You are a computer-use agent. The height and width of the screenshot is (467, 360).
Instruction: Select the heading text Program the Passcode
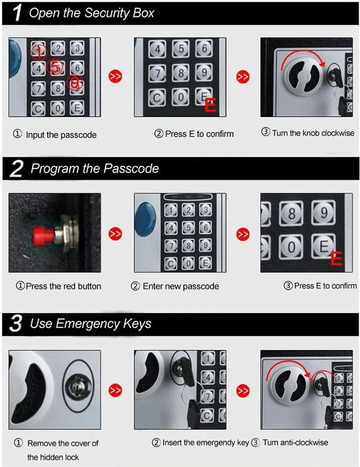click(x=95, y=169)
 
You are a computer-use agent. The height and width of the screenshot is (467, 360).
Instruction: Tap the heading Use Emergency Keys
click(x=90, y=324)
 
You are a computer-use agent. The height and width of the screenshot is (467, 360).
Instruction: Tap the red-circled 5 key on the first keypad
click(x=56, y=68)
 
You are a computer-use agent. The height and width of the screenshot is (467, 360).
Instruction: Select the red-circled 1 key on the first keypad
click(x=38, y=50)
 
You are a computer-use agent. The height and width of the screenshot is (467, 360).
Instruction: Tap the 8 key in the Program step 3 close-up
click(x=292, y=213)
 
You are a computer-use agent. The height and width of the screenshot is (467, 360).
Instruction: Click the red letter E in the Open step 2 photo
click(x=210, y=105)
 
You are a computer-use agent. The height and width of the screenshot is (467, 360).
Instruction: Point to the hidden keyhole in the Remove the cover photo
click(x=79, y=385)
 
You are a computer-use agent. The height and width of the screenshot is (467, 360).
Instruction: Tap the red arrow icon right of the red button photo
click(x=116, y=234)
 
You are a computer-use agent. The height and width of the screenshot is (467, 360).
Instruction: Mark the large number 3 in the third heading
click(x=16, y=324)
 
